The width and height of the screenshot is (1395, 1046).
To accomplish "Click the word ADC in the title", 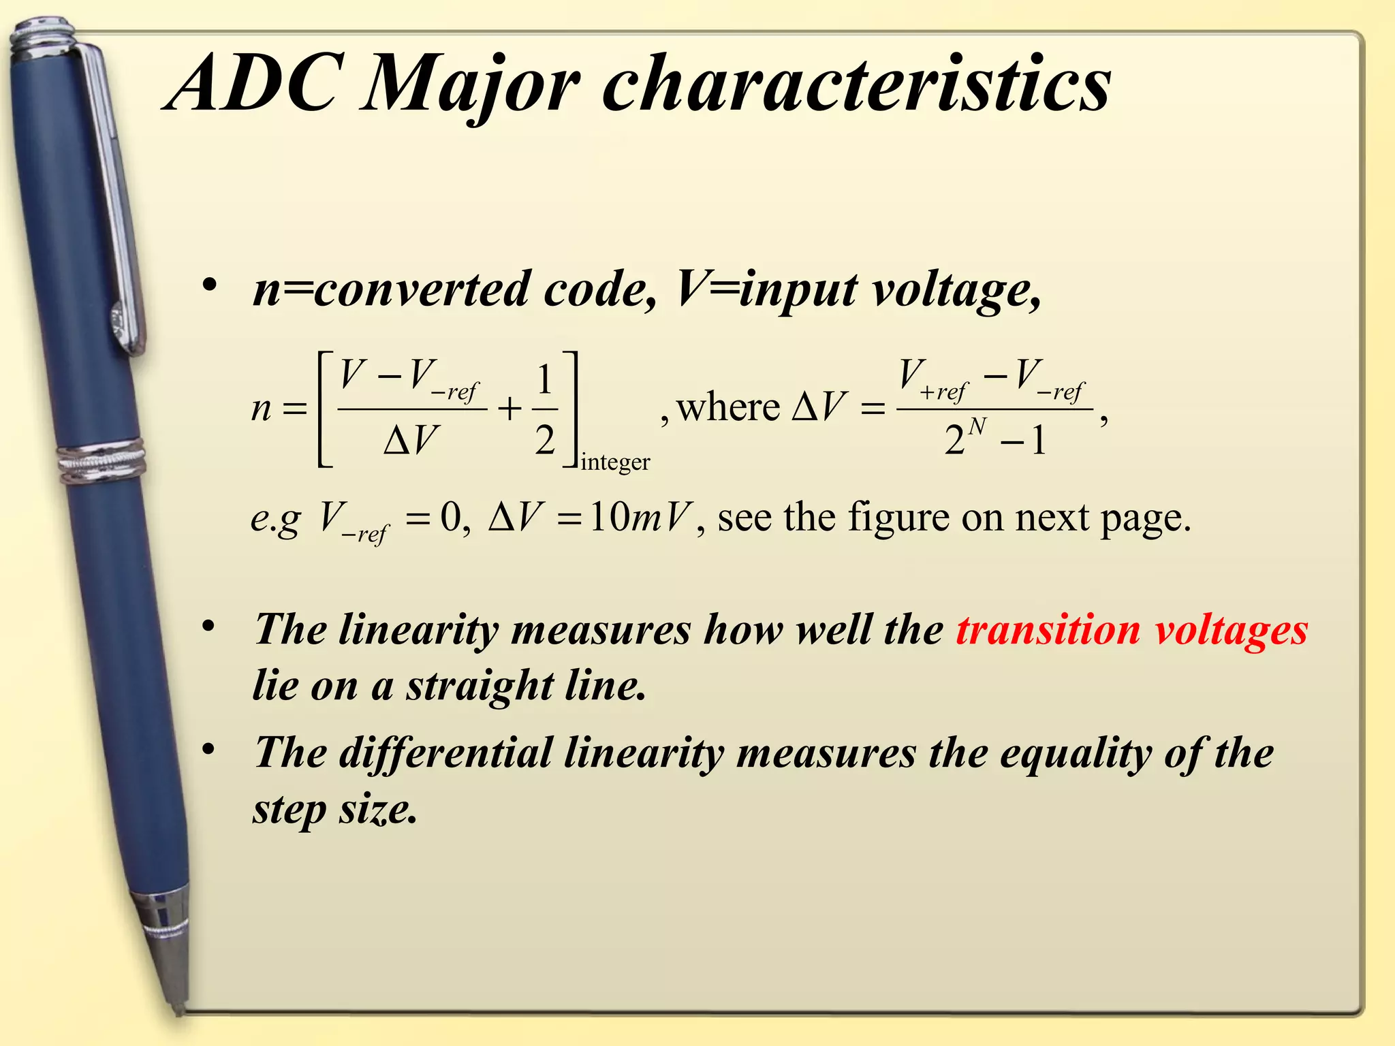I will [x=252, y=85].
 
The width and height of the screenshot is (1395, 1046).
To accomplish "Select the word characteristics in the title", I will [x=856, y=85].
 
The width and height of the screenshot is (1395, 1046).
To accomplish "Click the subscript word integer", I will [x=615, y=462].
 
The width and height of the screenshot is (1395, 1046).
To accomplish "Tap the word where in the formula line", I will [x=728, y=409].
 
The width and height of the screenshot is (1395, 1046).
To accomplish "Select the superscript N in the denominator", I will [x=977, y=427].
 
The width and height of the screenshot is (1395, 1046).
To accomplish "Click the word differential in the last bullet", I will [x=445, y=755].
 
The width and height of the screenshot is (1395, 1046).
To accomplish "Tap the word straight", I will [x=480, y=686].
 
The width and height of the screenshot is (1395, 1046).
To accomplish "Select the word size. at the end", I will [x=378, y=810].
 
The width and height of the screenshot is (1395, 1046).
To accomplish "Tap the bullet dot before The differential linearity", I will [x=210, y=750].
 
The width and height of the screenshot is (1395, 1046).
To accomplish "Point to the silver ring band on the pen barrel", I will [x=102, y=460].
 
